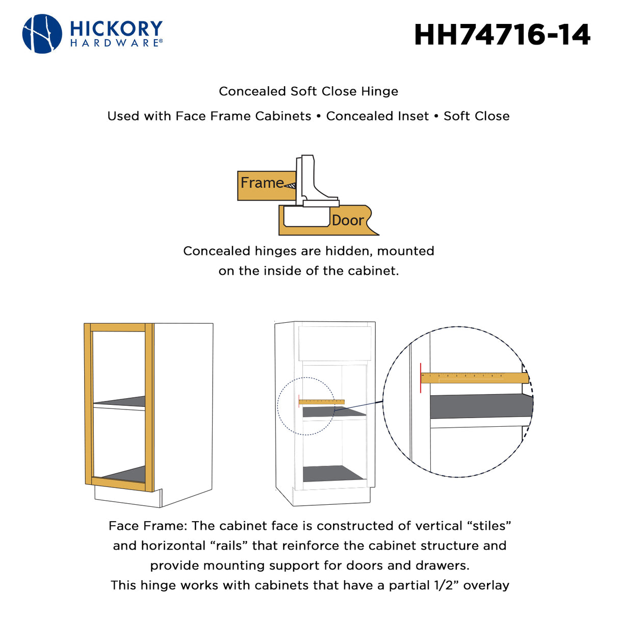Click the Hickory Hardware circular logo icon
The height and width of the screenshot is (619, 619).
click(x=42, y=34)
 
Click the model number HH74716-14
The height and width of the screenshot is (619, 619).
click(x=502, y=35)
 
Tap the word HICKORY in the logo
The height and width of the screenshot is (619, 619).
click(x=116, y=28)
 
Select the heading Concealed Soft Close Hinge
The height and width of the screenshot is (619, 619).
click(x=308, y=91)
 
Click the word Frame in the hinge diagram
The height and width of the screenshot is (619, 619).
click(x=262, y=183)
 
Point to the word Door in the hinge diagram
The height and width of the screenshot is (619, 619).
click(x=348, y=220)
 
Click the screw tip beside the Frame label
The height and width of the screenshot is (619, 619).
click(x=290, y=186)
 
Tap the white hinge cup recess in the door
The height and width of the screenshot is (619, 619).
click(x=306, y=217)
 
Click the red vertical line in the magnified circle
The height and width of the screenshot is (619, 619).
click(x=421, y=378)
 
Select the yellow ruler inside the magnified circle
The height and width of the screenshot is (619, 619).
click(x=474, y=378)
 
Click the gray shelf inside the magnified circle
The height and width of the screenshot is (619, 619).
click(x=479, y=406)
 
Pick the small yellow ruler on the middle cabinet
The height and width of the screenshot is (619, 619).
click(x=322, y=402)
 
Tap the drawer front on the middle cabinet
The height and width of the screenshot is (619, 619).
click(x=335, y=344)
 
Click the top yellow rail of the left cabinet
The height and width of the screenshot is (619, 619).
click(x=118, y=327)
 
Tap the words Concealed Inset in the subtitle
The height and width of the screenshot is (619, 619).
click(x=377, y=116)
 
